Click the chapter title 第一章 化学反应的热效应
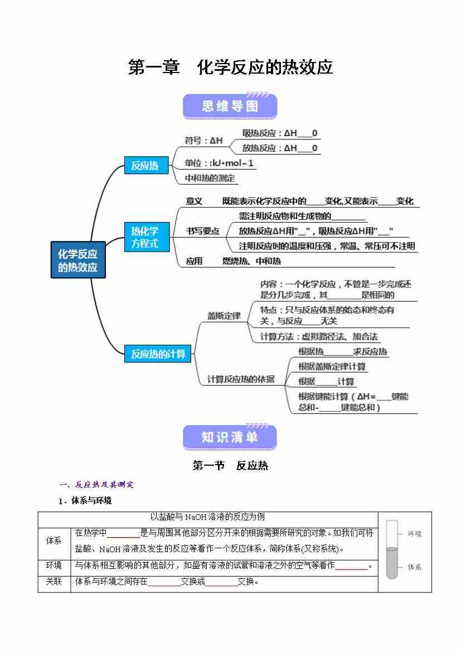(230, 67)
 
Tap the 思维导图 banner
(230, 106)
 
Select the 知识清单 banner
(230, 437)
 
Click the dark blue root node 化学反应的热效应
(77, 260)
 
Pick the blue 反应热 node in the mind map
(145, 166)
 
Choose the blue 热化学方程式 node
(145, 237)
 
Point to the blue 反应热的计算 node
(158, 354)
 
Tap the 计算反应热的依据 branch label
(241, 379)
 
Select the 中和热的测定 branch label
(210, 178)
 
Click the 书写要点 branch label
(202, 231)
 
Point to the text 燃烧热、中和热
(251, 261)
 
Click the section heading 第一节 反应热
(230, 465)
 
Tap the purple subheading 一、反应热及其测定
(97, 484)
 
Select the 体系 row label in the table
(54, 541)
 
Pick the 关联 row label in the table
(54, 581)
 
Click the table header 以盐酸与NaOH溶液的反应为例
(207, 517)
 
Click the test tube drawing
(392, 549)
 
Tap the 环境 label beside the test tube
(415, 534)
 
